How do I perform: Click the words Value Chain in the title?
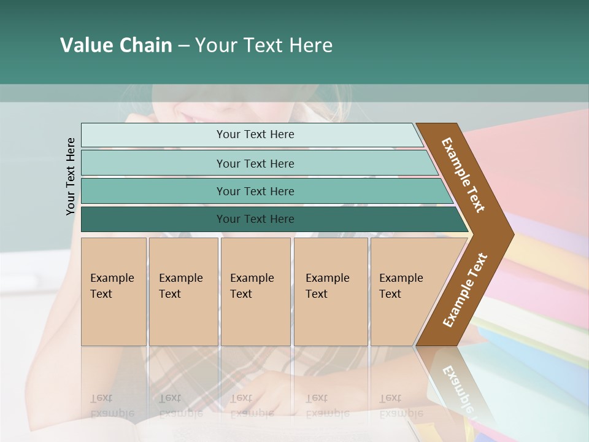tap(116, 45)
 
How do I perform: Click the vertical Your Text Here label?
tap(71, 176)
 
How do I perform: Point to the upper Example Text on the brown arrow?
tap(463, 175)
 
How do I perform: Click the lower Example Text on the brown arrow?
tap(465, 290)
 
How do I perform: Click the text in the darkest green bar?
tap(255, 219)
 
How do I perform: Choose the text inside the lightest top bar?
tap(255, 134)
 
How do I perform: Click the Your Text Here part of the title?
tap(264, 45)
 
